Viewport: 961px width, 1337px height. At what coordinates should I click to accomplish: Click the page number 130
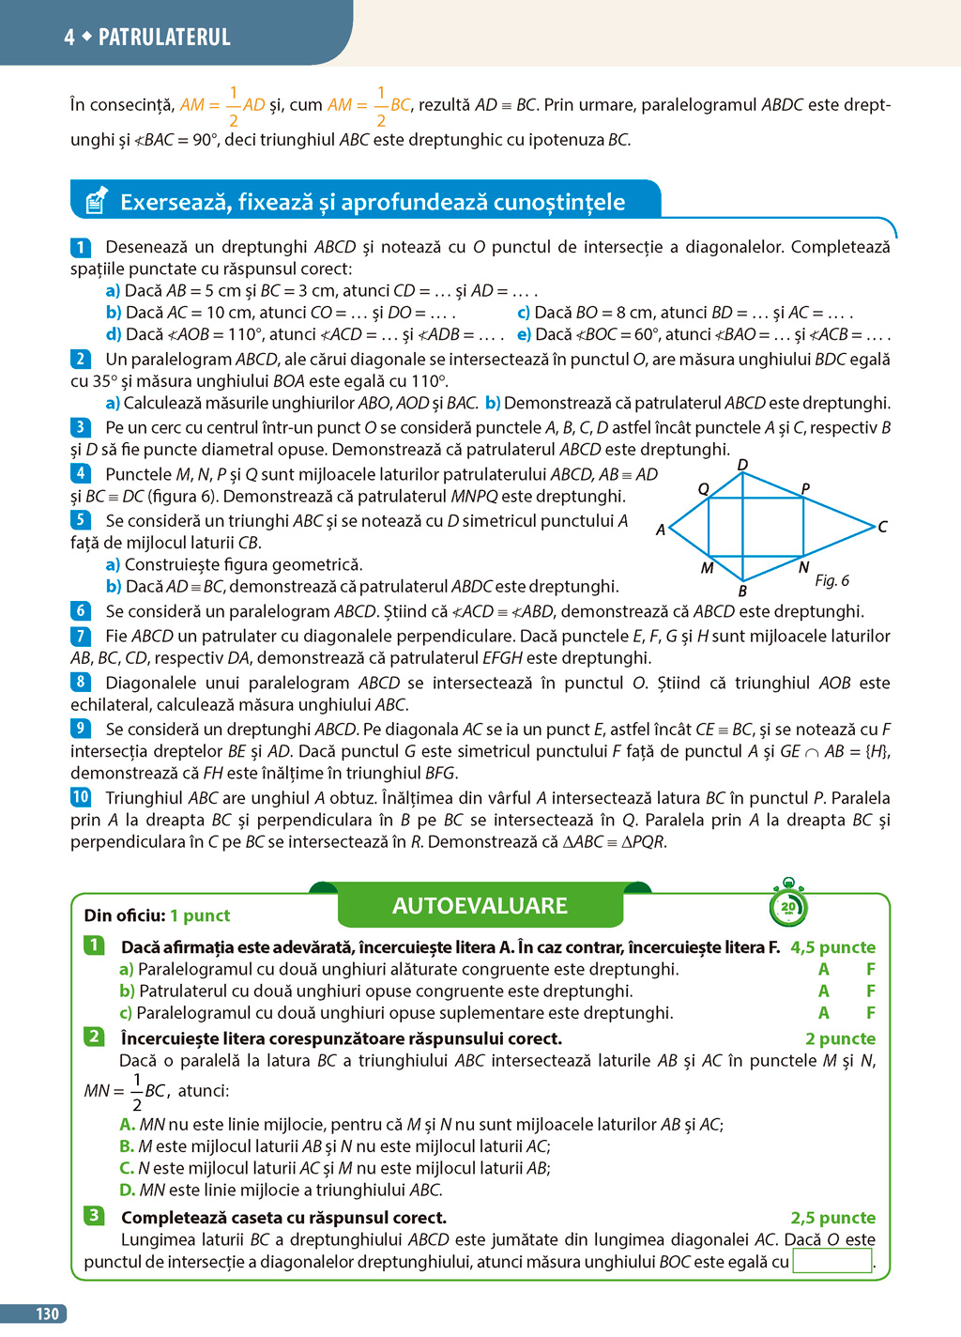coord(47,1314)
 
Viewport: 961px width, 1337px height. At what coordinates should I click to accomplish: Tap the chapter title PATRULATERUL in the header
coord(164,38)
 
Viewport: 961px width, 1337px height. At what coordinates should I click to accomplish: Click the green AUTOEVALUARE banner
coord(480,906)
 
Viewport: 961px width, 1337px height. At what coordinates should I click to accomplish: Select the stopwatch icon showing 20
coord(788,905)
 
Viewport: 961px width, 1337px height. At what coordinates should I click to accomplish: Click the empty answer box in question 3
coord(832,1261)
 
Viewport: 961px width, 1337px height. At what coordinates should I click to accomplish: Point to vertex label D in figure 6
coord(742,465)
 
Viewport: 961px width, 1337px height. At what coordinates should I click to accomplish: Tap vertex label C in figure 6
coord(882,527)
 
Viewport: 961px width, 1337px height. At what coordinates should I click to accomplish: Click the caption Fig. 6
coord(831,580)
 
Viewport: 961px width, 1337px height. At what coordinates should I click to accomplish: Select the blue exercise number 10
coord(81,797)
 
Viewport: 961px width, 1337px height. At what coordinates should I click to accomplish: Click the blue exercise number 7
coord(81,636)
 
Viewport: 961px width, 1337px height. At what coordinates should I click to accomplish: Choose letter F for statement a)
coord(871,969)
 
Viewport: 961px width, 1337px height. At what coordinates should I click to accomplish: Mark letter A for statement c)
coord(823,1013)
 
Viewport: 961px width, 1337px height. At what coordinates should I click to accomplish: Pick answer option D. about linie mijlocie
coord(127,1190)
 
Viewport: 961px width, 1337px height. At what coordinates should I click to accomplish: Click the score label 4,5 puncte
coord(832,947)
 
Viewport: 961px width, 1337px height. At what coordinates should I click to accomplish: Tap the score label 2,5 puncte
coord(832,1218)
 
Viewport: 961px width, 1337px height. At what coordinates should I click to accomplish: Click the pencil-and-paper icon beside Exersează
coord(97,200)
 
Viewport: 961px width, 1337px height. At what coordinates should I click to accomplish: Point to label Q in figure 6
coord(703,488)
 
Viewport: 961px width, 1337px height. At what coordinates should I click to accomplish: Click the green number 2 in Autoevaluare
coord(94,1037)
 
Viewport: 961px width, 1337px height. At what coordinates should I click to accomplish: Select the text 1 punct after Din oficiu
coord(200,915)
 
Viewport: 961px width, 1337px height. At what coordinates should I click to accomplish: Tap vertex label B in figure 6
coord(742,592)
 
